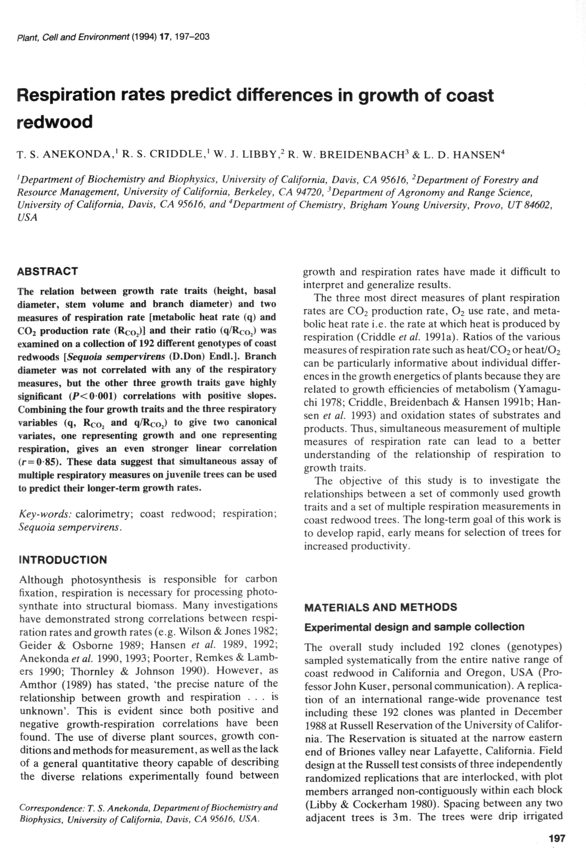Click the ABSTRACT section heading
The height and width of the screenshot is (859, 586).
pyautogui.click(x=48, y=271)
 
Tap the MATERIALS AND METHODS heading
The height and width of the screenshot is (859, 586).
pyautogui.click(x=380, y=607)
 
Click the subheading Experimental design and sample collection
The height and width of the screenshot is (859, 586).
pyautogui.click(x=414, y=627)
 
